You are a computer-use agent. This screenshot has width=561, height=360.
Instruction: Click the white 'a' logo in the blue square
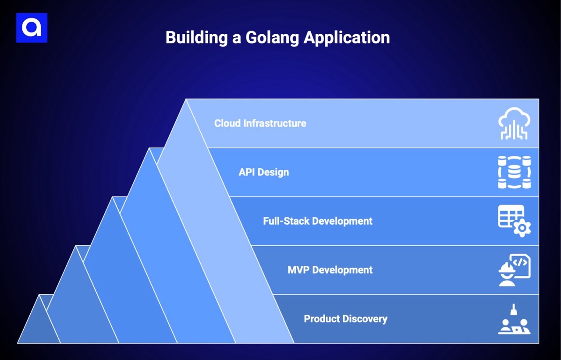pyautogui.click(x=32, y=28)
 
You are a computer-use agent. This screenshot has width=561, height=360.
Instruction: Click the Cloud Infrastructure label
pyautogui.click(x=260, y=123)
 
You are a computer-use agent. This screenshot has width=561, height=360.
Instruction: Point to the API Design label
pyautogui.click(x=263, y=172)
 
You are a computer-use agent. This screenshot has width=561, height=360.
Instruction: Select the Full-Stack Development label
pyautogui.click(x=317, y=221)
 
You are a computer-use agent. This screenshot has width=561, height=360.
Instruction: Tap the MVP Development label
pyautogui.click(x=330, y=270)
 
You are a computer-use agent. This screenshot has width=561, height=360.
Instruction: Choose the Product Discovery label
pyautogui.click(x=345, y=318)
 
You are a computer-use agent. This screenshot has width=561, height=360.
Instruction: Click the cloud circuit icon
pyautogui.click(x=514, y=124)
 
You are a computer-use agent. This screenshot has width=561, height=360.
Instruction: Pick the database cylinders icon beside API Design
pyautogui.click(x=514, y=172)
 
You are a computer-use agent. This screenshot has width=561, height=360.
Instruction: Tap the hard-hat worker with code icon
pyautogui.click(x=514, y=270)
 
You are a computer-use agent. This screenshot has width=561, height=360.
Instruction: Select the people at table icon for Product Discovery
pyautogui.click(x=514, y=320)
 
